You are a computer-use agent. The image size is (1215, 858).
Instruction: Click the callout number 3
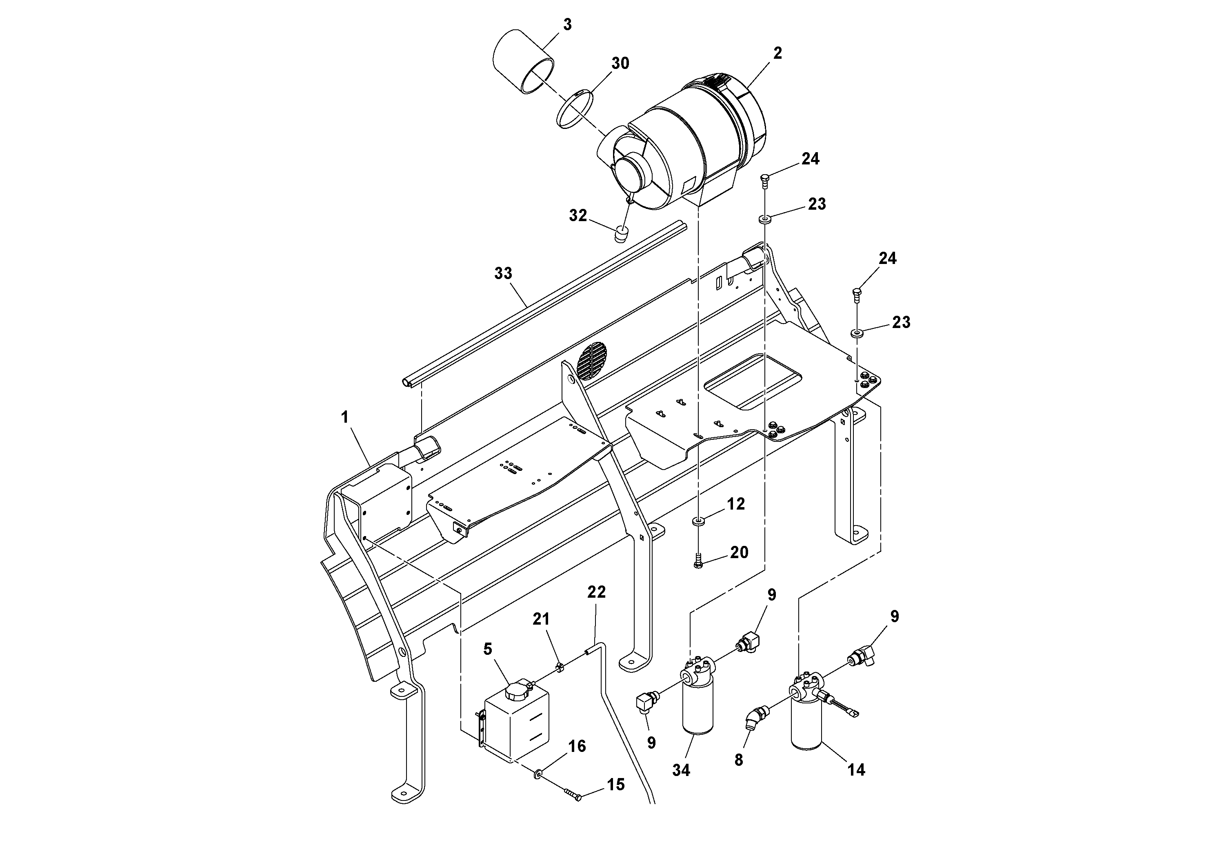coord(567,25)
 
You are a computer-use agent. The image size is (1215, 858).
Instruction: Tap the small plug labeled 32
coord(622,233)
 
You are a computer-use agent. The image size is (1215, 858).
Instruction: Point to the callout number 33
coord(503,273)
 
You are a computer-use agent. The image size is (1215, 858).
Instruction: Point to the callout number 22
coord(596,592)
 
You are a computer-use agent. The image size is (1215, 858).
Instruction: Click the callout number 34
coord(681,770)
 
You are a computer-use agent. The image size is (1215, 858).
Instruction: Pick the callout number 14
coord(856,769)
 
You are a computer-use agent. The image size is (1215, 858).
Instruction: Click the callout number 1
coord(344,417)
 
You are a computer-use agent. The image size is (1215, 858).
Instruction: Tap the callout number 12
coord(735,504)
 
